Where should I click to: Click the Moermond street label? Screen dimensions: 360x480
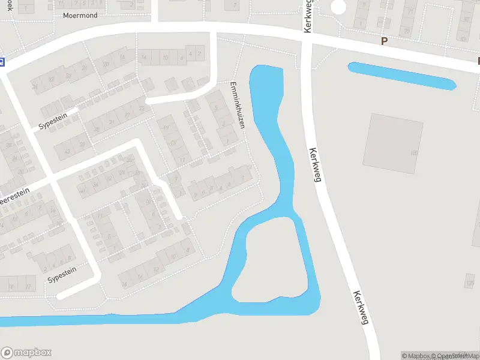[80, 16]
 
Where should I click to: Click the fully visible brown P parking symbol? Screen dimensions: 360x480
[384, 41]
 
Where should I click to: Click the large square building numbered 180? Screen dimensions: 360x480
[393, 143]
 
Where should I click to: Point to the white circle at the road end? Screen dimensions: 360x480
[338, 7]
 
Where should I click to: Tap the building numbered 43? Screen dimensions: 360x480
[66, 150]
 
